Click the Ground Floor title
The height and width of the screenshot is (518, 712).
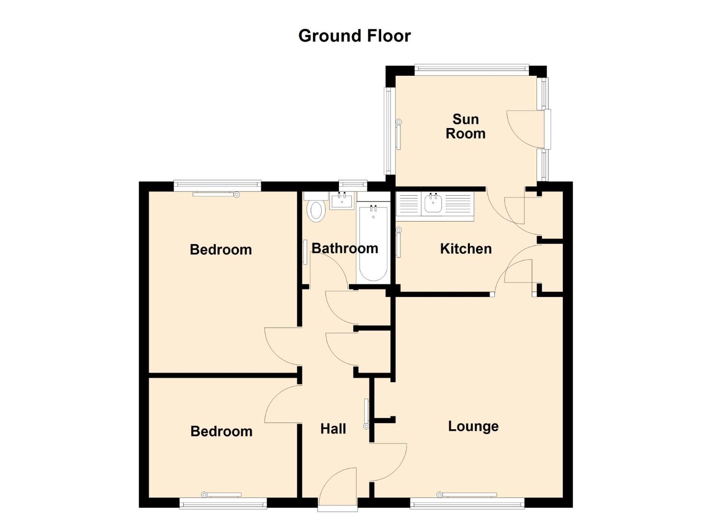[354, 36]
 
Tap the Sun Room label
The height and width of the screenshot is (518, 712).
[466, 126]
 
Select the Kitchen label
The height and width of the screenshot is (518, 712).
[466, 248]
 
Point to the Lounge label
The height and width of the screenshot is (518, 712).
[473, 426]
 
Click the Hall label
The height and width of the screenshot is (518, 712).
[333, 429]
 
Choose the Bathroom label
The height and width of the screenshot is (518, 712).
[345, 248]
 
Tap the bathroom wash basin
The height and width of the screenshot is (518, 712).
[342, 200]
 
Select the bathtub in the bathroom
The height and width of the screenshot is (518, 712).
[373, 243]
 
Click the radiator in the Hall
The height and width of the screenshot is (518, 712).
[366, 414]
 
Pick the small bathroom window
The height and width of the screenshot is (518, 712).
[353, 186]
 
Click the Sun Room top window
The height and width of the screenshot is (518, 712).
[471, 71]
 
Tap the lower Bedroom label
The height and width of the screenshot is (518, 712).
[222, 431]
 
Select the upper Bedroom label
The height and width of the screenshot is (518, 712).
[221, 249]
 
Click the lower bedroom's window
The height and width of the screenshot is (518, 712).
[223, 504]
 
